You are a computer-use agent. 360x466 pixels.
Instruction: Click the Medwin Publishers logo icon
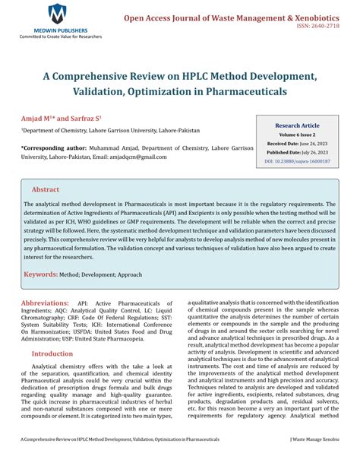56,13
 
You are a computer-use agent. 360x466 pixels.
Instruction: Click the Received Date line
297,143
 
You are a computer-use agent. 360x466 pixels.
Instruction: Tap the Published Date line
297,152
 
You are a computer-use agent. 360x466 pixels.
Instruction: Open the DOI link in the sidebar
297,162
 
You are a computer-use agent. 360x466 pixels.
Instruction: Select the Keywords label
49,274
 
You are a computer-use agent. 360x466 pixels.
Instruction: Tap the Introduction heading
52,353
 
